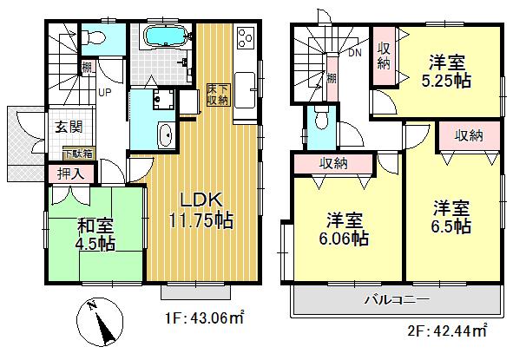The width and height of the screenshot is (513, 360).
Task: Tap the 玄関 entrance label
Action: [69, 127]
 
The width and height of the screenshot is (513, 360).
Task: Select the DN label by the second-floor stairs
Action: [355, 53]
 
